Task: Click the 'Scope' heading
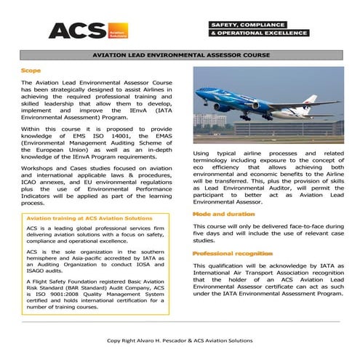[x=31, y=71]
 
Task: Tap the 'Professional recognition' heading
[x=233, y=252]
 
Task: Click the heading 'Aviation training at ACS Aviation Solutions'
[x=75, y=218]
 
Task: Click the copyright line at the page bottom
[x=180, y=340]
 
